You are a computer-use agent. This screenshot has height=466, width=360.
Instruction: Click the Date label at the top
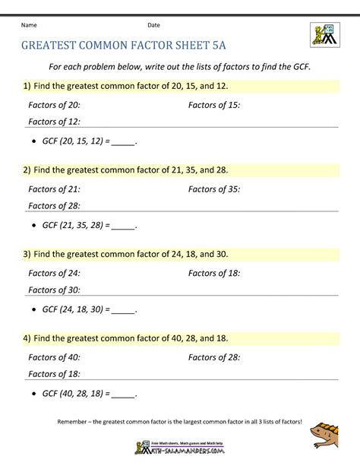coord(153,25)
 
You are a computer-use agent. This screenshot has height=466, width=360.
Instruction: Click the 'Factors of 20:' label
coord(54,105)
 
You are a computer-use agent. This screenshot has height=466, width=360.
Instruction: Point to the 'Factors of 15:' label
coord(214,105)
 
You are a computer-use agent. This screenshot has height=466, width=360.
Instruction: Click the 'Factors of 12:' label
coord(54,122)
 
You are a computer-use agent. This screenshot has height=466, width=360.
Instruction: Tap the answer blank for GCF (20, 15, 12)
coord(122,142)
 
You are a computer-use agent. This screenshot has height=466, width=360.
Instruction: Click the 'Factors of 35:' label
coord(214,189)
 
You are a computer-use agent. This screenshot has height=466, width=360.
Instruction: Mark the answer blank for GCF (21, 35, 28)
coord(122,226)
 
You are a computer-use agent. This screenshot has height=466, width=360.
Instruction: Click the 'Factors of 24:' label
coord(54,272)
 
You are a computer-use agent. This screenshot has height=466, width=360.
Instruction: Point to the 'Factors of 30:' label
coord(54,289)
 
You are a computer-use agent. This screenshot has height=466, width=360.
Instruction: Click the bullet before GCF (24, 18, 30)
coord(36,309)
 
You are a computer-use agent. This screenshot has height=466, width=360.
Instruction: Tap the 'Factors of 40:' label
coord(54,357)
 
